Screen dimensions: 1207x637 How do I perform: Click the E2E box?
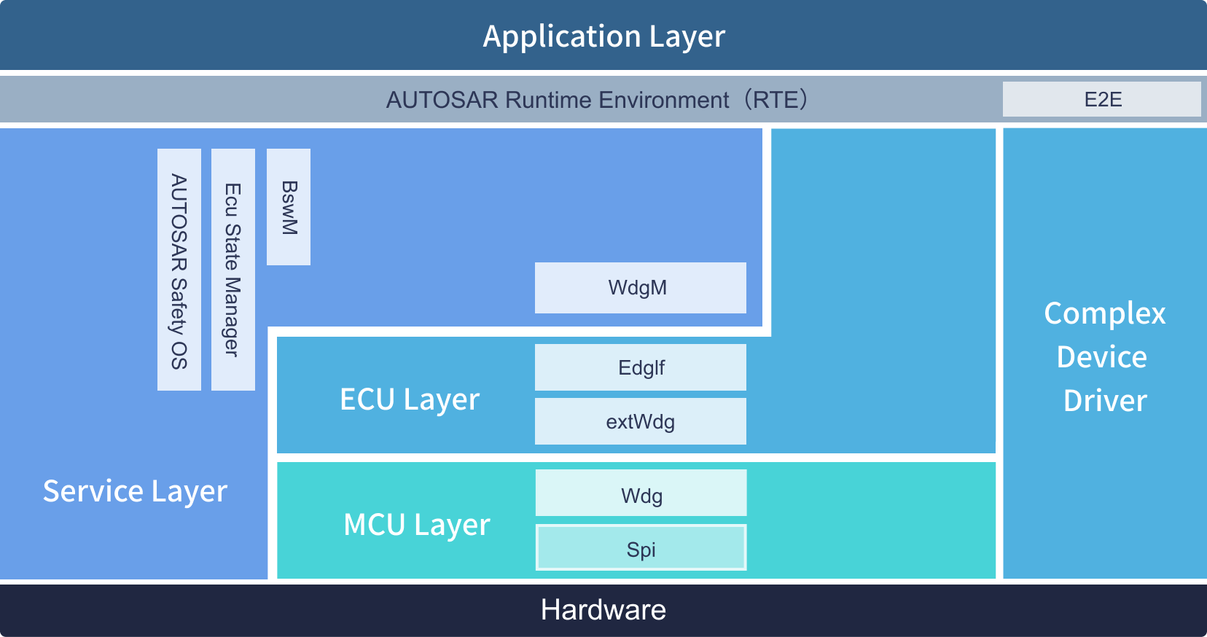coord(1101,99)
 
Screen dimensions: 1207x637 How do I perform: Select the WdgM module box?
coord(640,288)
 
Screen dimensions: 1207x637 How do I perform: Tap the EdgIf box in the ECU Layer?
coord(640,367)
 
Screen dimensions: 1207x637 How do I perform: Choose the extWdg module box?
coord(640,421)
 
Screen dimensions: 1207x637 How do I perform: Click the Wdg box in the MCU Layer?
coord(641,493)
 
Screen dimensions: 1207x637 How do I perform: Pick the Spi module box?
coord(641,547)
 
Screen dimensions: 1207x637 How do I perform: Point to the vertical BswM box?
coord(289,207)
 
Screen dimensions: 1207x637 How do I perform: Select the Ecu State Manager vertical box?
coord(233,270)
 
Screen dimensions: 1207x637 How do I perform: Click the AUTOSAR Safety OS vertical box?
coord(179,270)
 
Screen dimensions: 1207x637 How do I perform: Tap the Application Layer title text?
coord(604,36)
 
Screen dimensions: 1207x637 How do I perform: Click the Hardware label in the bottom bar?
coord(603,609)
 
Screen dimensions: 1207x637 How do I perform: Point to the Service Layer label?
coord(136,491)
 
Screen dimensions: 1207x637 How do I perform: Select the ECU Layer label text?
coord(410,400)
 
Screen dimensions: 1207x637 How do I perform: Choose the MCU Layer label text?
coord(416,525)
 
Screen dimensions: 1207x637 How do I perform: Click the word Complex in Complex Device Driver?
coord(1105,313)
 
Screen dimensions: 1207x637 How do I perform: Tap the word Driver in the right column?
coord(1105,401)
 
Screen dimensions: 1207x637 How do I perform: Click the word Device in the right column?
coord(1102,357)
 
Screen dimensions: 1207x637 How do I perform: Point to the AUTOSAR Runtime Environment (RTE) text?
coord(597,100)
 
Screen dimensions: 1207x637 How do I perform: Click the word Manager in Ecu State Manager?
coord(233,317)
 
